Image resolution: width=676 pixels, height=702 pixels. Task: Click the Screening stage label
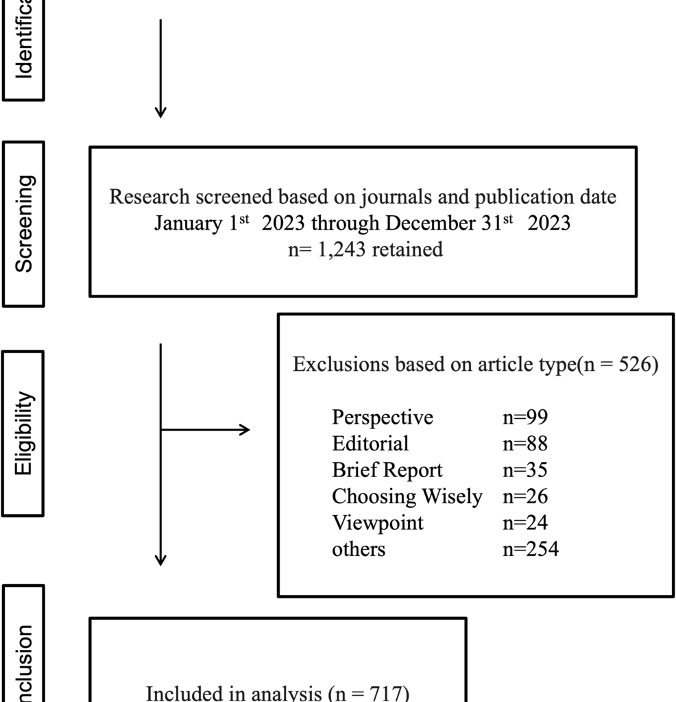(x=24, y=223)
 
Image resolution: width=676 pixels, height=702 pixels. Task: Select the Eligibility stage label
(x=24, y=433)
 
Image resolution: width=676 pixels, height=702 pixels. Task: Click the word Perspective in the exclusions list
(x=383, y=417)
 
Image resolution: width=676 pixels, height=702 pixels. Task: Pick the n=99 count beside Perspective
(x=525, y=417)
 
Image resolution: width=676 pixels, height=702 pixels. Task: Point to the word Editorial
(x=370, y=444)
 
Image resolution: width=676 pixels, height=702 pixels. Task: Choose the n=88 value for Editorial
(x=525, y=444)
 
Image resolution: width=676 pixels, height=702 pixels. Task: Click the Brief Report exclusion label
(x=387, y=470)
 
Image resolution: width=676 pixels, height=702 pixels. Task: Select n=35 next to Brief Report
(x=525, y=470)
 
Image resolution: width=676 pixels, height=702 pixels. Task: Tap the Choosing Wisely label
(x=407, y=496)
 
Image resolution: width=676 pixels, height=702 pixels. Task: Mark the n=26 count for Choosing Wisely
(x=525, y=496)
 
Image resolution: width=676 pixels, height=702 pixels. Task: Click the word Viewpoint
(x=378, y=523)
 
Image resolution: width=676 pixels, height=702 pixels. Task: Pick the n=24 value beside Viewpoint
(x=525, y=523)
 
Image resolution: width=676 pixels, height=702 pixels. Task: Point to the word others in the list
(x=359, y=549)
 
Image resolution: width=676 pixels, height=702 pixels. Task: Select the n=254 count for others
(x=531, y=549)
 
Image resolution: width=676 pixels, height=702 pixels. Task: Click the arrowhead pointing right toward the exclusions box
(x=244, y=430)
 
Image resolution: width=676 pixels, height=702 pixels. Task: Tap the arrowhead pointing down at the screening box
(x=160, y=112)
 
